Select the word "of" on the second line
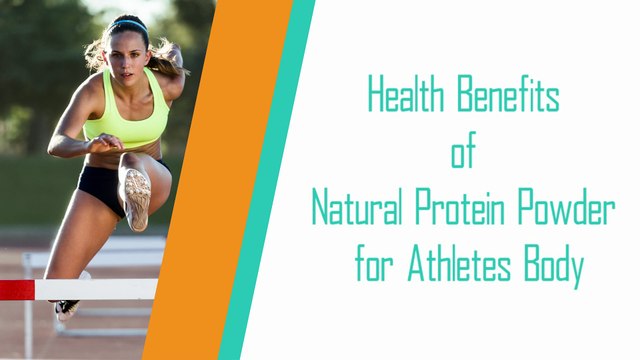pyautogui.click(x=461, y=154)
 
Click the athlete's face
pyautogui.click(x=119, y=52)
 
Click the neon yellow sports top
pyautogui.click(x=124, y=121)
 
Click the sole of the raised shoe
pyautogui.click(x=137, y=195)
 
